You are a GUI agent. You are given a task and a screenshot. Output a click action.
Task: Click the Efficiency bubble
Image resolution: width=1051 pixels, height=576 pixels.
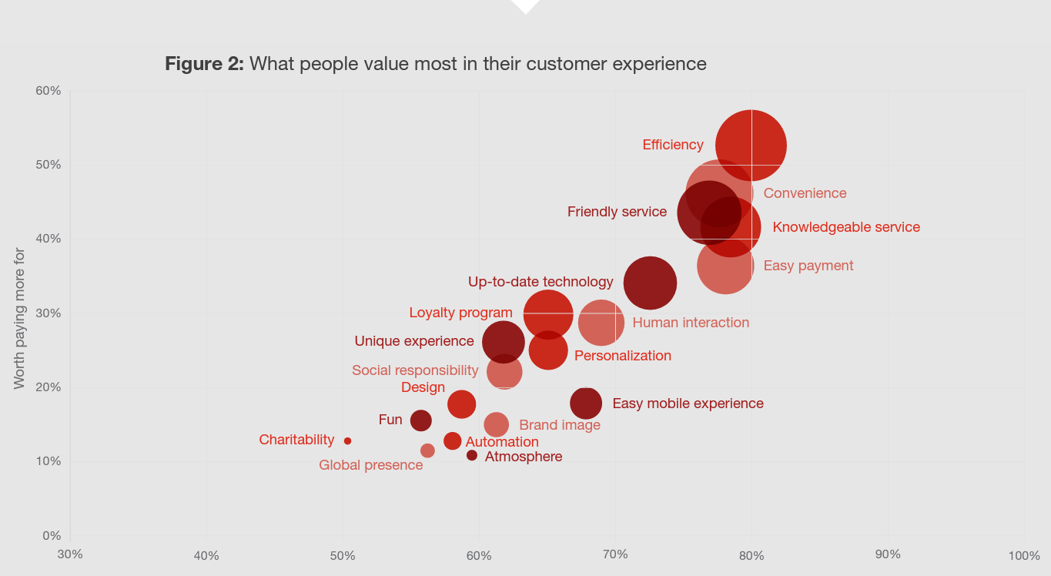click(x=751, y=146)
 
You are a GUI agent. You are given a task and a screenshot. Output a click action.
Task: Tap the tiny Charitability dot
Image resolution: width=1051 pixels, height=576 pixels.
click(x=347, y=441)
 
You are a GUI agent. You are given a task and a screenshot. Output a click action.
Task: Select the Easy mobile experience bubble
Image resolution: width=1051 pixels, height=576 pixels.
click(x=586, y=403)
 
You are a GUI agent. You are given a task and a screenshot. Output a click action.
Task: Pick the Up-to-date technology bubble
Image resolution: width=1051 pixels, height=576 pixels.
click(x=650, y=283)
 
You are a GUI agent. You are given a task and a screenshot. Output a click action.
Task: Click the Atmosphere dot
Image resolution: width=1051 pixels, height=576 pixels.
click(x=472, y=456)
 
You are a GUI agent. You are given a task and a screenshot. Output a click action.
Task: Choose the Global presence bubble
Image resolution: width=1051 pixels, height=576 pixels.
click(x=427, y=450)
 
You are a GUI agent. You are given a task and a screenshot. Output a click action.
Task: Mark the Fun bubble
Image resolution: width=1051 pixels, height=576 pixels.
click(x=420, y=420)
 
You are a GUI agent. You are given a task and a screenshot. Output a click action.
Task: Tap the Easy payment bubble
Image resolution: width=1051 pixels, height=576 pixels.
click(x=725, y=266)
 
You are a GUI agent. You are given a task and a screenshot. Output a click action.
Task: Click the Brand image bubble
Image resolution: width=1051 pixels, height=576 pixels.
click(x=497, y=424)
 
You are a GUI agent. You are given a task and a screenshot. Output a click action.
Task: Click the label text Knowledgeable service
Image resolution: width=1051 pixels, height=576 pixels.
click(x=846, y=227)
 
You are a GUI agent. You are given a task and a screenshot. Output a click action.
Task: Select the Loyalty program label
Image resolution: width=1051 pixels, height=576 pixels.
click(x=460, y=313)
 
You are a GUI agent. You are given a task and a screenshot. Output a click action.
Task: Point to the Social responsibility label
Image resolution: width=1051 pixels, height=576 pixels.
click(x=415, y=370)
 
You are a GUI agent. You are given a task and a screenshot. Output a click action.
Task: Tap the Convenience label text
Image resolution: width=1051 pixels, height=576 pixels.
click(x=805, y=193)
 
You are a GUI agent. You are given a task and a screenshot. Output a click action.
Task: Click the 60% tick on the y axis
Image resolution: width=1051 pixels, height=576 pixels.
click(x=49, y=91)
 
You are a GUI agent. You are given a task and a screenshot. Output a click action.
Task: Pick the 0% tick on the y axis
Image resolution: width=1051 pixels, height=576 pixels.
click(x=51, y=535)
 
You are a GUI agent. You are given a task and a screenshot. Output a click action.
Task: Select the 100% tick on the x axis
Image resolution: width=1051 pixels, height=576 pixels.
click(x=1023, y=556)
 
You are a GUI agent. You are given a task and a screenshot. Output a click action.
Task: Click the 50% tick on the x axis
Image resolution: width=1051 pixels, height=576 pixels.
click(x=343, y=556)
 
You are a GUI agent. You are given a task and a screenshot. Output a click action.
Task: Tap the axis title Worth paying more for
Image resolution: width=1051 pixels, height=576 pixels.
click(x=20, y=318)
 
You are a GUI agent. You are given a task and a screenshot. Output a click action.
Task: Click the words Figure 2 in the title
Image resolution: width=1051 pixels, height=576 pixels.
click(x=204, y=64)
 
